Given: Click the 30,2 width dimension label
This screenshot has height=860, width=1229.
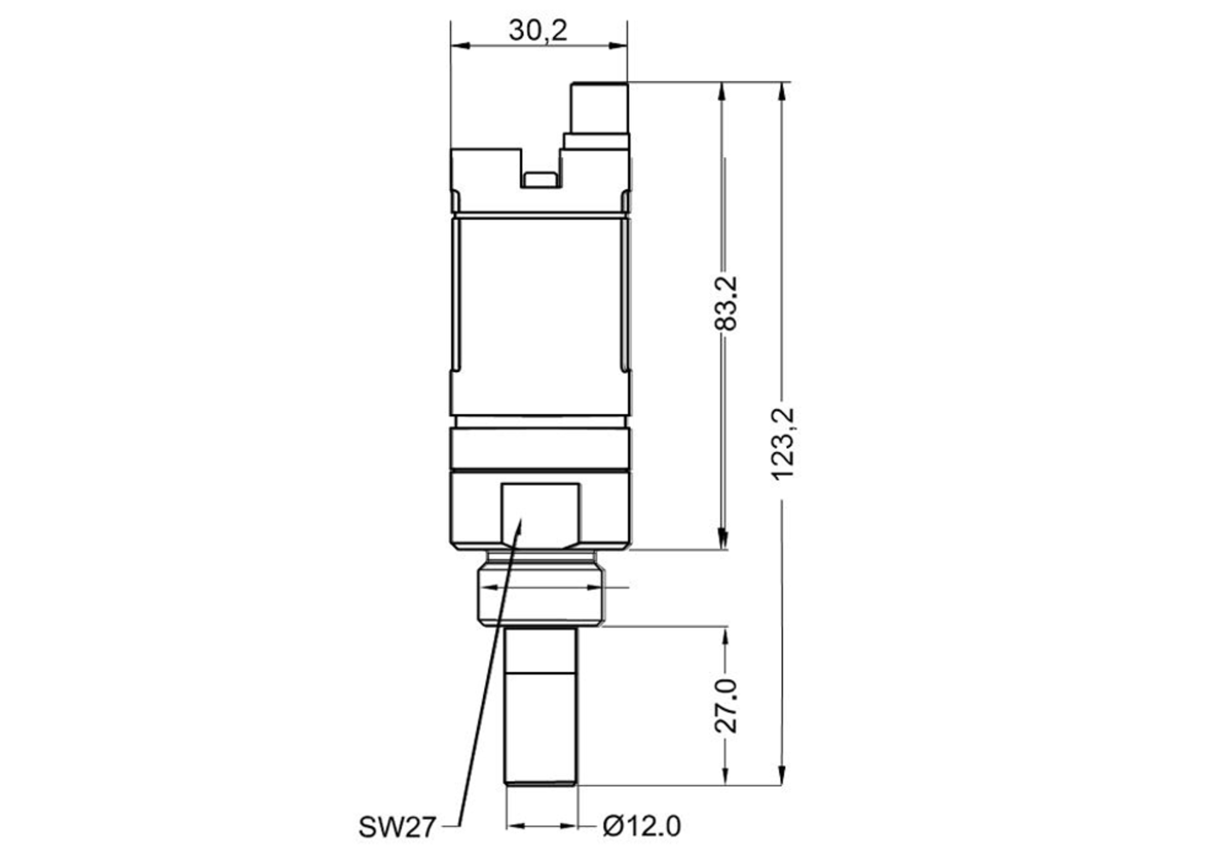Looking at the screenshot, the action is point(538,31).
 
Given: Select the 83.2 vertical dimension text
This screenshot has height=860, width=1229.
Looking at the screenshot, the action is point(725,303).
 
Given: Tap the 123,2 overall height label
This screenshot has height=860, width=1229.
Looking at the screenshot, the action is point(783,445).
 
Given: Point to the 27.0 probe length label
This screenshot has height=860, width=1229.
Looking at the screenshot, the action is point(725,706).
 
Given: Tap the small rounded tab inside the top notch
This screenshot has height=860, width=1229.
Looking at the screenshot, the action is point(540,179).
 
